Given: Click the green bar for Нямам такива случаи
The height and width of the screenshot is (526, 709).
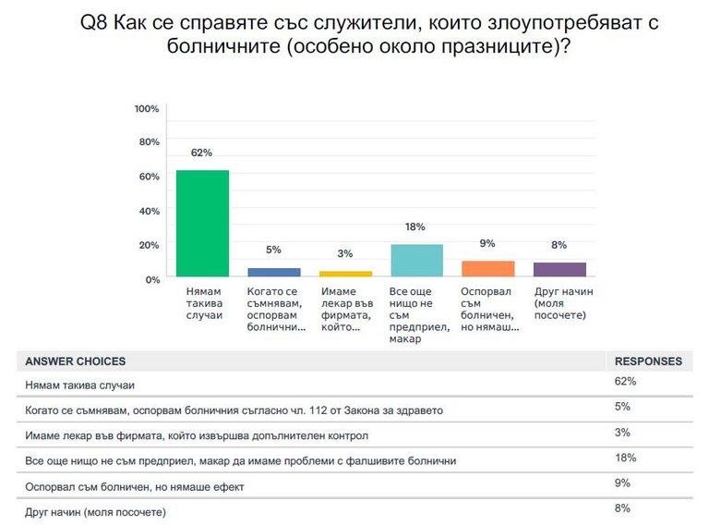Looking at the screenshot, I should coord(202,223).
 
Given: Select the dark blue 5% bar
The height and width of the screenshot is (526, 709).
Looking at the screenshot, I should coord(274,272).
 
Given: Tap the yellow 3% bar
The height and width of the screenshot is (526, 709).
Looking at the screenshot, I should coord(345,274).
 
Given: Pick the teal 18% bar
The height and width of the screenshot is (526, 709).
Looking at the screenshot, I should coord(416,261).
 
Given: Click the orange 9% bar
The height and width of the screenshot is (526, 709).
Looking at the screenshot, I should coord(487,268).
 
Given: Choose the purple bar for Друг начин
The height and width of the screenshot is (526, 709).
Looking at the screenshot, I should coord(559,269).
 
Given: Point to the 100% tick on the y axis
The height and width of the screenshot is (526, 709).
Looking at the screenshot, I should coord(147,109).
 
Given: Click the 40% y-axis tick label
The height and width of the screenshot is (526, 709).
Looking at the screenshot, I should coord(150,211).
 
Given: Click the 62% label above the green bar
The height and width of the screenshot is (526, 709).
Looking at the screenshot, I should coord(202,153).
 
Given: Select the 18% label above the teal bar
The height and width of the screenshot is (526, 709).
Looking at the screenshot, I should coord(416,227).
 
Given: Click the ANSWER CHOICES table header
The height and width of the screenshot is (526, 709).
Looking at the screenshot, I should coord(76,361).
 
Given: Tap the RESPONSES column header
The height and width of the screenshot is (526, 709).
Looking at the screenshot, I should coord(648,361).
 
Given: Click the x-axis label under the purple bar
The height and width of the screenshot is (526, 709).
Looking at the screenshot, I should coord(562,303).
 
